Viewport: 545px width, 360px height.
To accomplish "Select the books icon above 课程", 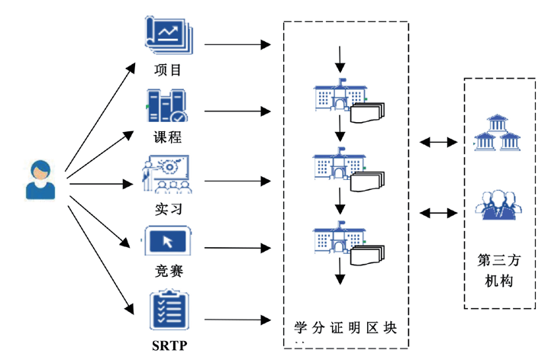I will tap(166, 106).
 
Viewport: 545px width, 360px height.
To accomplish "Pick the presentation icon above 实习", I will tap(168, 175).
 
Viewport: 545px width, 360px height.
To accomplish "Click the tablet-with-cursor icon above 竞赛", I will tap(168, 241).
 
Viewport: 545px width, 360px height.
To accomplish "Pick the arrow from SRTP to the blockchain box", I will tap(237, 320).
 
